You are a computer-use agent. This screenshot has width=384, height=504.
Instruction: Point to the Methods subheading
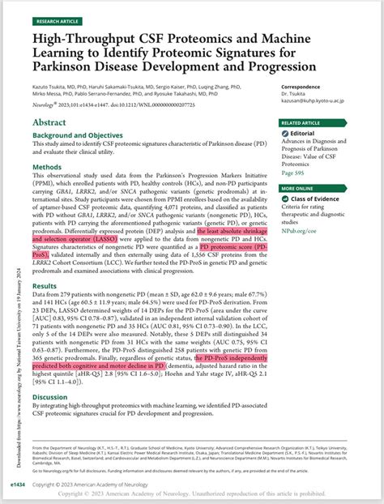coord(46,168)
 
